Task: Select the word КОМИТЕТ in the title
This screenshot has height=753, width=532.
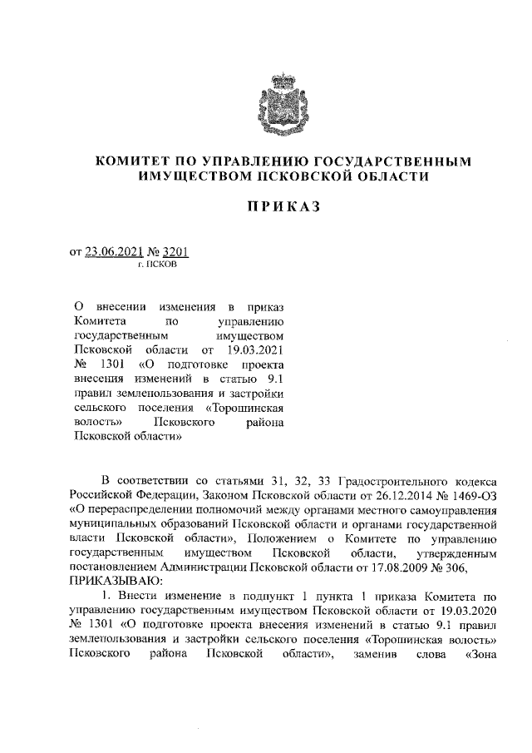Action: (132, 161)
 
